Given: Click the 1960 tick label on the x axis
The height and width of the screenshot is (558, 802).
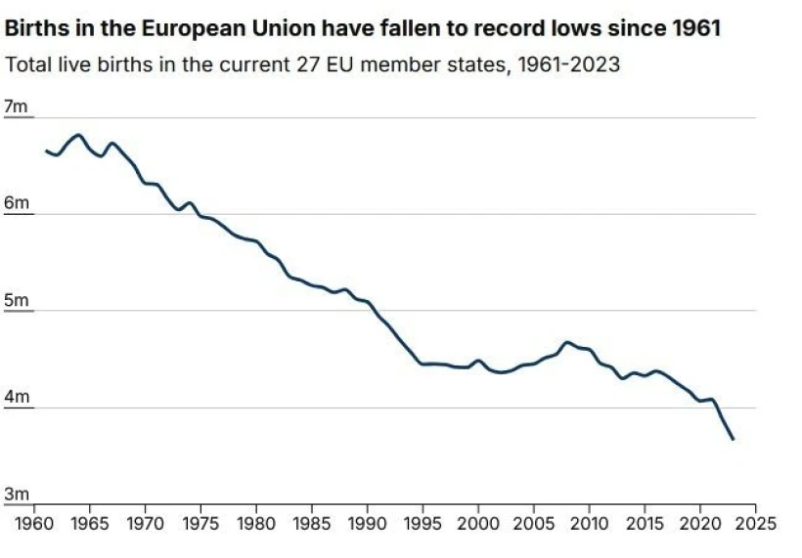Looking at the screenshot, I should pos(35,522).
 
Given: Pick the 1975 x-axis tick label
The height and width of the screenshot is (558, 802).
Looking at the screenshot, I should pos(200,522).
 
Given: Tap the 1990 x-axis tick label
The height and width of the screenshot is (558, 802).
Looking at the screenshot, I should pos(367,522).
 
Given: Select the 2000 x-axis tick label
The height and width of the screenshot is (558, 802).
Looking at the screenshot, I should pos(477,522).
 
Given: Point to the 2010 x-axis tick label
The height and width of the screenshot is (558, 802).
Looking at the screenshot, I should pos(588,522).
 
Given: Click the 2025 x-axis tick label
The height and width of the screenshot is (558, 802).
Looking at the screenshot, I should pos(754,522).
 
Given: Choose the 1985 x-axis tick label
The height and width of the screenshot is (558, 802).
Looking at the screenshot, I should pos(311,522).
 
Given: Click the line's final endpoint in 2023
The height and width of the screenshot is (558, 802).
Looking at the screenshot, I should pos(733,440).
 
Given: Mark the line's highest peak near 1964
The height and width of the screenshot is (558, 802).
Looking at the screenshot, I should pos(78,135).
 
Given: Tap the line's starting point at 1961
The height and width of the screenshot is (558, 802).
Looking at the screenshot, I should pos(46,150).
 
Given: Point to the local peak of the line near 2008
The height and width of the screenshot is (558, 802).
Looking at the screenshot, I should pos(566,342).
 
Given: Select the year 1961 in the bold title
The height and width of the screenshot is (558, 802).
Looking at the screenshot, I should pos(695,29).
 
